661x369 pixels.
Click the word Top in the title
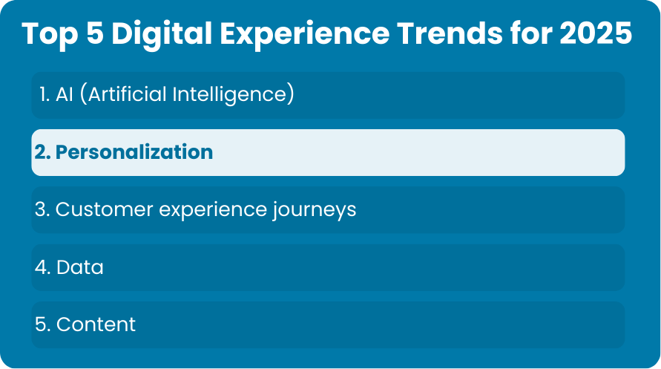[50, 33]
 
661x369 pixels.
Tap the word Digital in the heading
[162, 33]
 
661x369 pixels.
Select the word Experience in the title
[304, 33]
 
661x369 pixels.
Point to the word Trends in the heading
[450, 33]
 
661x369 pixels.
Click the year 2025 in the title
[596, 33]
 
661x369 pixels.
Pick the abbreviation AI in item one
[64, 94]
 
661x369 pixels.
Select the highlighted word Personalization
[134, 152]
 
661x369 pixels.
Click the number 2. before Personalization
[42, 152]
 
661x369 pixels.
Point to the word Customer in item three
[104, 209]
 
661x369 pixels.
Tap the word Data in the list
[79, 267]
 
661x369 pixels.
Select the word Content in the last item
[96, 324]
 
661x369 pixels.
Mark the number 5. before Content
[42, 324]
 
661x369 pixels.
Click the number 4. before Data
[42, 267]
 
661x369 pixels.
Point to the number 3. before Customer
[42, 209]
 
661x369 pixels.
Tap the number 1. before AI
[45, 94]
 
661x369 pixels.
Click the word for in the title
[531, 33]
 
